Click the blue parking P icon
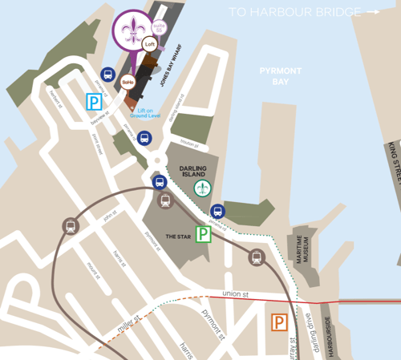point(95,102)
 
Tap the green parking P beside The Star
point(205,234)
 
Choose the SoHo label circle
point(128,81)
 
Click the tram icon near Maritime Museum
point(257,257)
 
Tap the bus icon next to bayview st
point(107,74)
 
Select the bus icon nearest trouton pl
point(144,138)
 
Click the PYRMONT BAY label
point(280,76)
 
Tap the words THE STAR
point(176,237)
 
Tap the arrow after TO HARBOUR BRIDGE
point(372,12)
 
